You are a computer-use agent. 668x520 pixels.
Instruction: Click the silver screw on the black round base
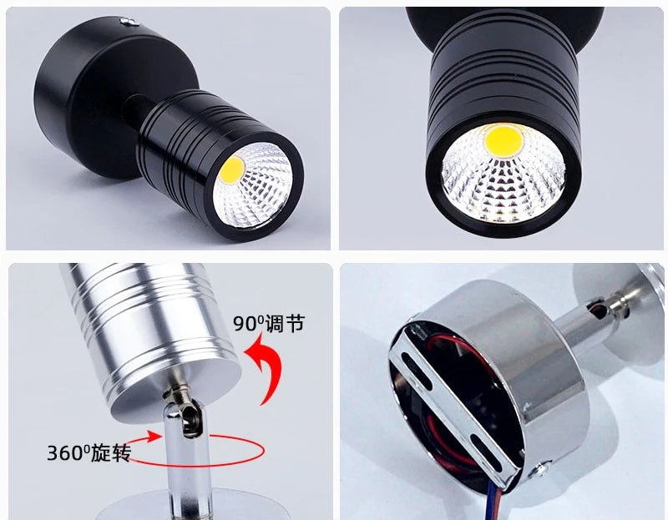tap(125, 23)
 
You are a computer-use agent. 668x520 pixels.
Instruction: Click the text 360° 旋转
tap(89, 454)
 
